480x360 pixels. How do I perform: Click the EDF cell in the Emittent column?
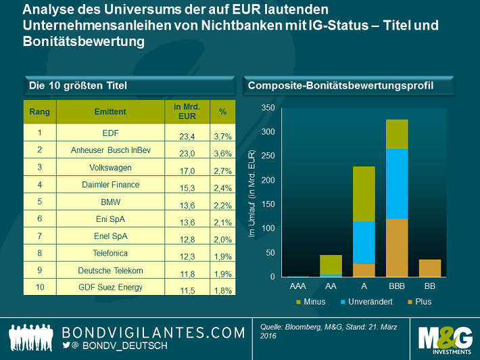pyautogui.click(x=110, y=133)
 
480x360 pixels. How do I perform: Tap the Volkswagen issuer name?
pyautogui.click(x=110, y=167)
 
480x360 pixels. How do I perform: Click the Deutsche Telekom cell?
pyautogui.click(x=110, y=271)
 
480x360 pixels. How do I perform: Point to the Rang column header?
pyautogui.click(x=40, y=111)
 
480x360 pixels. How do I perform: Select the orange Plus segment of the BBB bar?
pyautogui.click(x=397, y=248)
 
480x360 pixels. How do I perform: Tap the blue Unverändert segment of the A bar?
pyautogui.click(x=364, y=242)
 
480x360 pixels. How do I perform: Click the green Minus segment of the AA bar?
pyautogui.click(x=331, y=264)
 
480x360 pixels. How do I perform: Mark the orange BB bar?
pyautogui.click(x=430, y=268)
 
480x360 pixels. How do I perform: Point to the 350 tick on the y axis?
pyautogui.click(x=268, y=108)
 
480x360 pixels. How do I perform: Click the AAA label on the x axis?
pyautogui.click(x=297, y=286)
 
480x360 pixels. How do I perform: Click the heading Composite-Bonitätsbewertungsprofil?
pyautogui.click(x=341, y=85)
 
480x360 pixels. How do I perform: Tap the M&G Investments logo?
pyautogui.click(x=444, y=338)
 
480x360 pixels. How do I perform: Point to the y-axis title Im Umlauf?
pyautogui.click(x=251, y=196)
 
